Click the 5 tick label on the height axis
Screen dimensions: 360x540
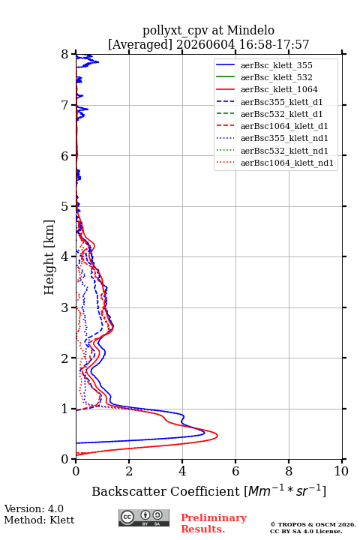pyautogui.click(x=65, y=206)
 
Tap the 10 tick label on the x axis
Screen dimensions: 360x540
pyautogui.click(x=341, y=471)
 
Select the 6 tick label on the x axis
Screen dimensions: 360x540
pyautogui.click(x=235, y=471)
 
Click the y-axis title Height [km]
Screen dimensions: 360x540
pyautogui.click(x=49, y=257)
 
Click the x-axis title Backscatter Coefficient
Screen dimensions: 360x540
pyautogui.click(x=166, y=491)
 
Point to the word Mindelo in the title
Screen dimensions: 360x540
pyautogui.click(x=250, y=30)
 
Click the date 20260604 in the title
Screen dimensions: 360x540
pyautogui.click(x=205, y=44)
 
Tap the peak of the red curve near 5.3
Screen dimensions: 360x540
pyautogui.click(x=217, y=436)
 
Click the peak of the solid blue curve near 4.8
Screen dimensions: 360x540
pyautogui.click(x=205, y=433)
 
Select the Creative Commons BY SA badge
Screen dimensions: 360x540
pyautogui.click(x=144, y=517)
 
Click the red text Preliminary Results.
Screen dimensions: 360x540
pyautogui.click(x=214, y=523)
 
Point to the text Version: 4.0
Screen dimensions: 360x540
pyautogui.click(x=34, y=508)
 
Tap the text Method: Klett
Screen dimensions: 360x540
pyautogui.click(x=39, y=520)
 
